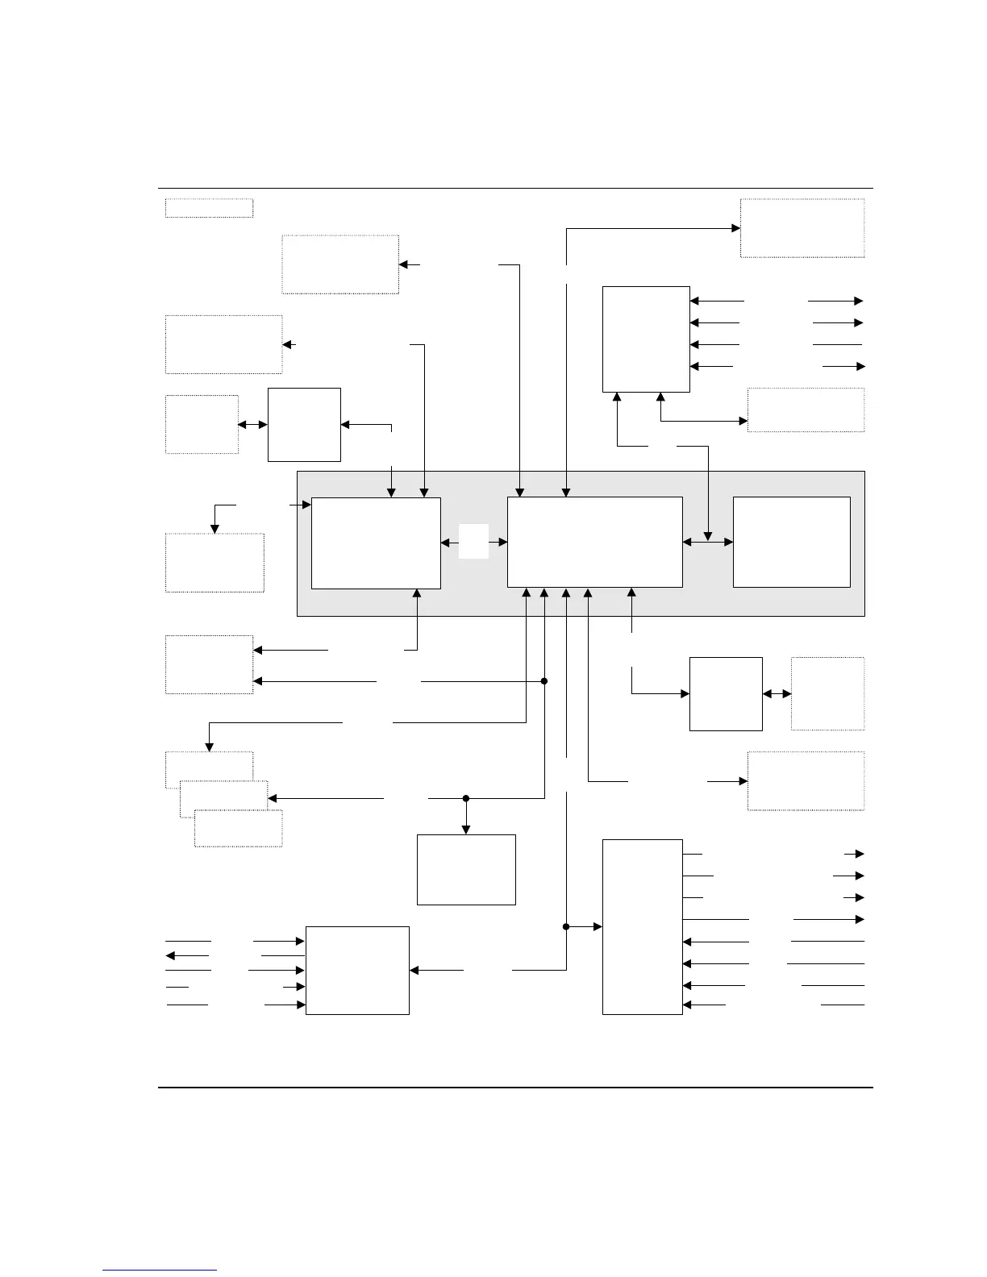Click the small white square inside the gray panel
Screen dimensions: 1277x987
pos(474,541)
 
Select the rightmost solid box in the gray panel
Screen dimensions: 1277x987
pos(791,542)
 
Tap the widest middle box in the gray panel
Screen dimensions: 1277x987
pos(594,542)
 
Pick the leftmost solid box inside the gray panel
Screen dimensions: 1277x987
pos(376,543)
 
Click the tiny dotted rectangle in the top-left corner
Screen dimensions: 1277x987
pos(209,208)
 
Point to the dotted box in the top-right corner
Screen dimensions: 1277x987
pos(802,228)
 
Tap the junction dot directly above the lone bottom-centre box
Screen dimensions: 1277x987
pos(466,798)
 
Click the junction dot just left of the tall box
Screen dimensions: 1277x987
pos(566,927)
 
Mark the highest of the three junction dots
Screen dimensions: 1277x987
pos(544,681)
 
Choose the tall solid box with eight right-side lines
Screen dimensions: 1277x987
pos(643,927)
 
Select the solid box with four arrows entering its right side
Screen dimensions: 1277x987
pos(646,339)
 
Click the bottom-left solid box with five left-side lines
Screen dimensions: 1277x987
pos(357,971)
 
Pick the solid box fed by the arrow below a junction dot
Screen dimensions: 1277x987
pos(466,869)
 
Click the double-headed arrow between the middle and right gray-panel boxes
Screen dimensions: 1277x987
pos(708,542)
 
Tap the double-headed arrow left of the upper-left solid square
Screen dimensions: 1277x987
pos(252,424)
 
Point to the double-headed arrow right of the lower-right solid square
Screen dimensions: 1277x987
pos(777,693)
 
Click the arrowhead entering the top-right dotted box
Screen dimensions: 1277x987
pos(735,228)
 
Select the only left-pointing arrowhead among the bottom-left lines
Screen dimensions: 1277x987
pos(170,955)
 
